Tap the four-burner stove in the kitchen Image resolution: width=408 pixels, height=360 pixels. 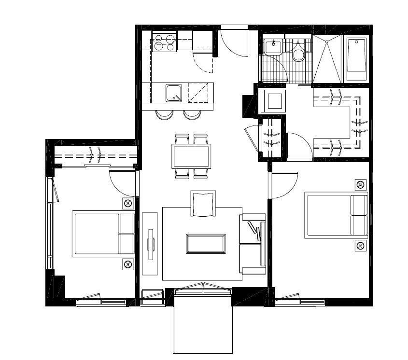point(164,42)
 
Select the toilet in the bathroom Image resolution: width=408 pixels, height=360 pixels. point(298,52)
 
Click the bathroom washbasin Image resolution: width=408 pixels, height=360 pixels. point(273,47)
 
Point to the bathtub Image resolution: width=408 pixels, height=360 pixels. point(356,59)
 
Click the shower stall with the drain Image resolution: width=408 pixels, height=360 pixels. point(327,59)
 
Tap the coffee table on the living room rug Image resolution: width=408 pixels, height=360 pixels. point(206,244)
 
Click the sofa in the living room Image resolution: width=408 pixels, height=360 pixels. point(253,244)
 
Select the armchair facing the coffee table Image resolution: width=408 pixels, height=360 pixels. point(203,204)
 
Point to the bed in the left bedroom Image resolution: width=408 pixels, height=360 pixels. point(103,234)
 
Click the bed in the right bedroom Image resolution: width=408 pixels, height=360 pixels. point(336,216)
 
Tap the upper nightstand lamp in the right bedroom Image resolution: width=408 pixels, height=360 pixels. point(360,184)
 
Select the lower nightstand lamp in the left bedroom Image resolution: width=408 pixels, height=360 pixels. point(127,264)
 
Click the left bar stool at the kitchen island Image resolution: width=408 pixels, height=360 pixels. point(164,115)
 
